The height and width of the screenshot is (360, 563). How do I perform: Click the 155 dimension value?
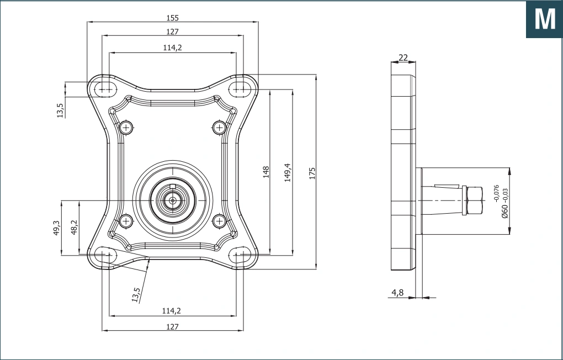point(172,18)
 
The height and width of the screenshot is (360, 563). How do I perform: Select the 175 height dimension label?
point(312,173)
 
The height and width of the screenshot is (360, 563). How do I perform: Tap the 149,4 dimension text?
point(288,172)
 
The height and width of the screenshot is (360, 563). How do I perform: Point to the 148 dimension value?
point(265,172)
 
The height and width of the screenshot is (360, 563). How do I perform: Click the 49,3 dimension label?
point(56,228)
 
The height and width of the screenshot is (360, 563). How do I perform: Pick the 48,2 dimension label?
point(74,227)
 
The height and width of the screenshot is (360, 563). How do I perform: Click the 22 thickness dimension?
point(403,57)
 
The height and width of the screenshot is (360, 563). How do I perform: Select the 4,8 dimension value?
point(397,293)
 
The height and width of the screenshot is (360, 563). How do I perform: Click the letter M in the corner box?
point(545,19)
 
